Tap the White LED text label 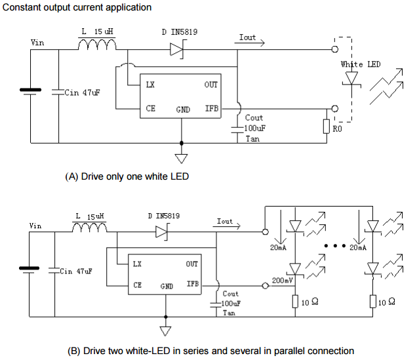(361, 64)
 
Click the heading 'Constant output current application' (77, 7)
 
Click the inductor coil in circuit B (89, 228)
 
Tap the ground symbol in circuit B (165, 331)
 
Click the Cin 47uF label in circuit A (81, 93)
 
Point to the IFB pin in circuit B (192, 284)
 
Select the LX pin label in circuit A (150, 85)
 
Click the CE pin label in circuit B (137, 285)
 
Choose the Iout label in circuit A (248, 37)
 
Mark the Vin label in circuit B (35, 226)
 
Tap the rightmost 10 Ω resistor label (387, 302)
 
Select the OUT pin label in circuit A (211, 85)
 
